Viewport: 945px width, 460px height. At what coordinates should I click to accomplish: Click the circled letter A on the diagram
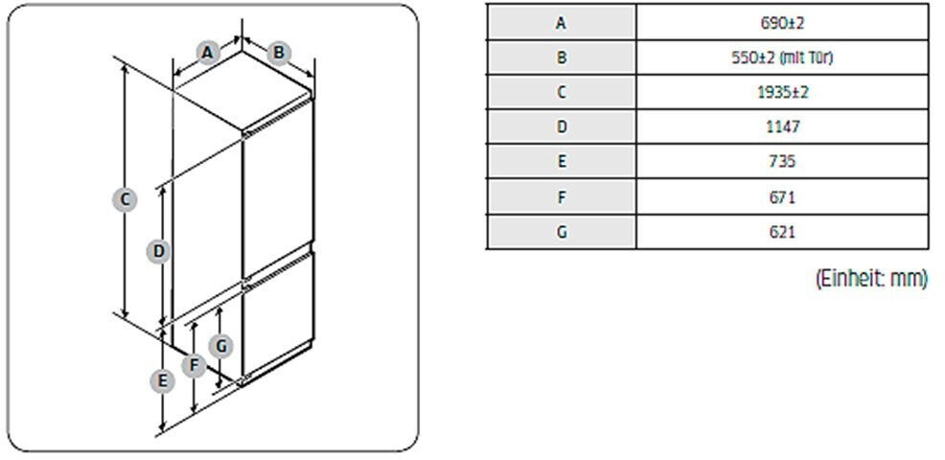207,52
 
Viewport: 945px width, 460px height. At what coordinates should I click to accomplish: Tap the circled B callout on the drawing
278,52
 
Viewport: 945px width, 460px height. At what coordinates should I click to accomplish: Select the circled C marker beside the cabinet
124,199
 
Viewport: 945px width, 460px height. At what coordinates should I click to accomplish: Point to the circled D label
159,251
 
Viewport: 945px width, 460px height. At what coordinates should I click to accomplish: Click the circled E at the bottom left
163,380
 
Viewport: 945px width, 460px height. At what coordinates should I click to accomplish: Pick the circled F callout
195,365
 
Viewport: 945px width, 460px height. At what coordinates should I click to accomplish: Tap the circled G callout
221,345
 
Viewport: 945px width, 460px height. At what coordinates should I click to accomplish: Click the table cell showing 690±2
782,22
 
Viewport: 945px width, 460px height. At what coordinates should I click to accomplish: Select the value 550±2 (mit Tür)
782,57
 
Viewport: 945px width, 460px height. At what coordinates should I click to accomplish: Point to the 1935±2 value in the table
782,92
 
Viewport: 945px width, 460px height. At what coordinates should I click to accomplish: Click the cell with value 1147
782,126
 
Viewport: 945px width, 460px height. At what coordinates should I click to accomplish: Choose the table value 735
782,162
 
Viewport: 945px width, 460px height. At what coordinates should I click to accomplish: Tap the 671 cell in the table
782,196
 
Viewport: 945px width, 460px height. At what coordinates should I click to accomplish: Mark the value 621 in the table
782,232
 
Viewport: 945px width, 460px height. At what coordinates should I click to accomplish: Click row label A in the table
562,22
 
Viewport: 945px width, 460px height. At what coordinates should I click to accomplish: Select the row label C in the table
562,92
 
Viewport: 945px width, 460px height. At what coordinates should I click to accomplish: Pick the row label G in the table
562,232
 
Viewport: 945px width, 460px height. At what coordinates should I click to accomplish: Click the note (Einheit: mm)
871,279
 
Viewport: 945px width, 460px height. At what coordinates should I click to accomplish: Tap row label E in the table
562,162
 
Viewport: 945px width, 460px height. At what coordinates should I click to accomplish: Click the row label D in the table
562,126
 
